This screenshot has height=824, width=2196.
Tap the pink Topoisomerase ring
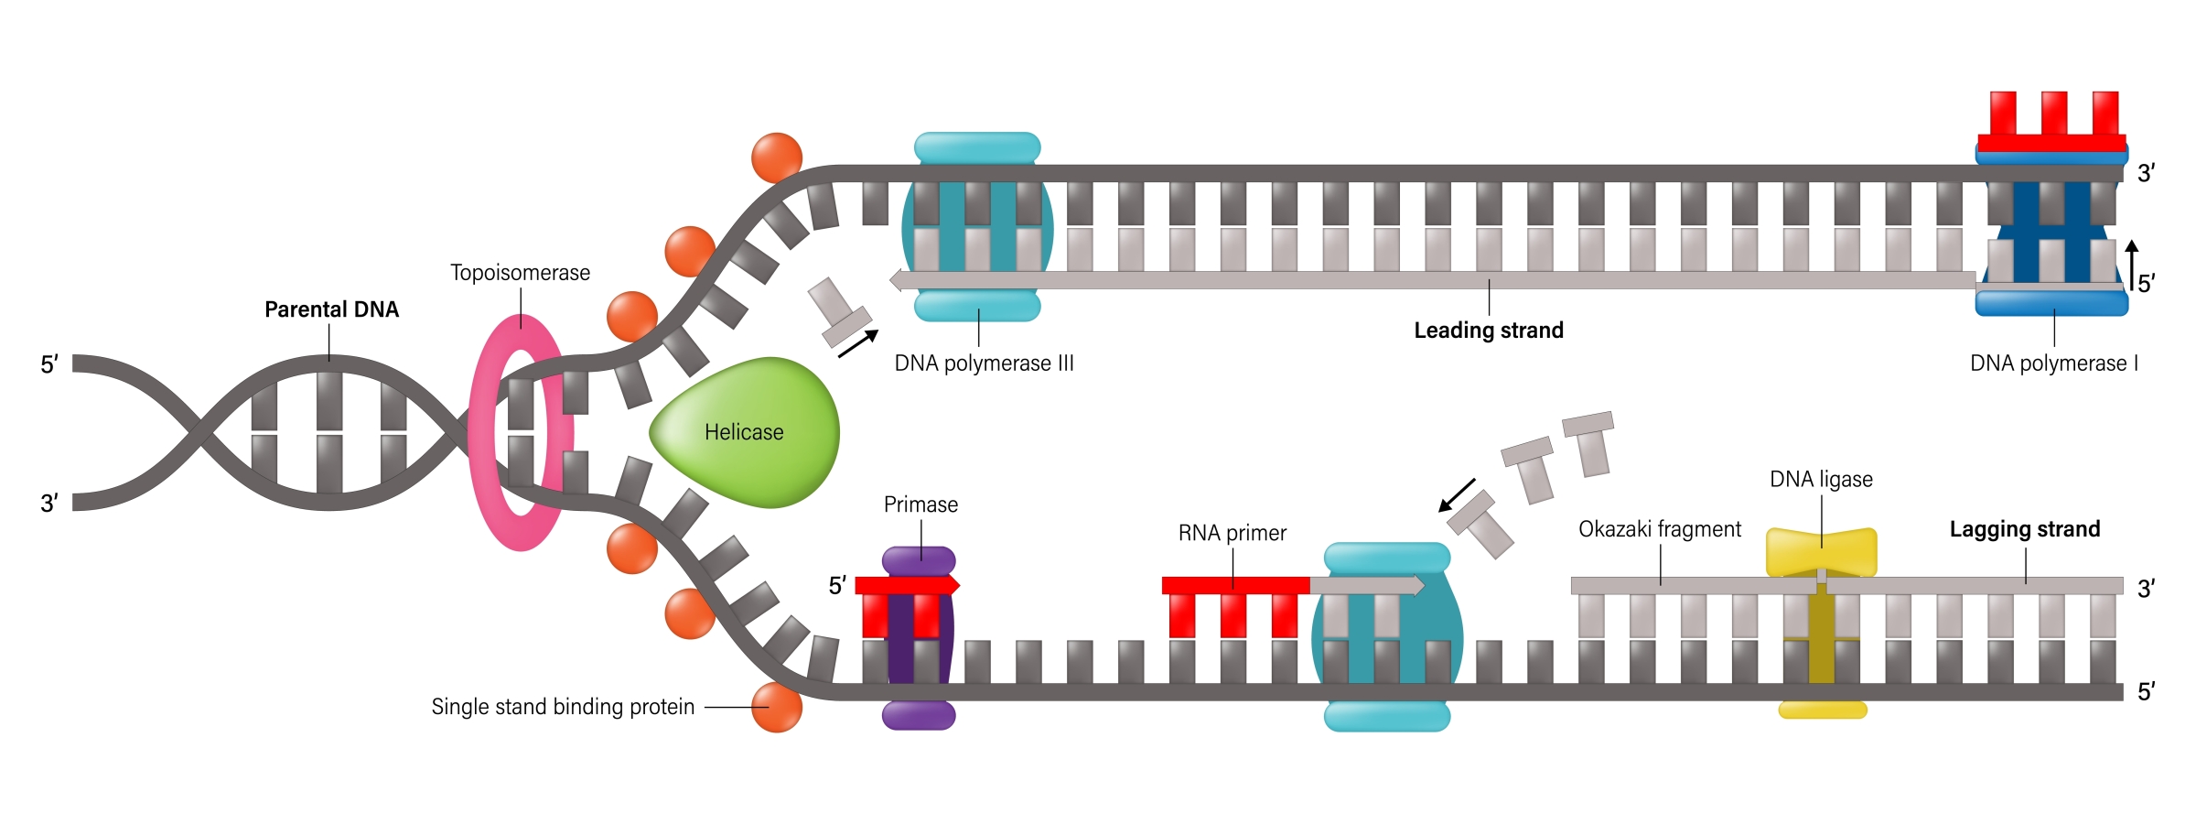tap(482, 430)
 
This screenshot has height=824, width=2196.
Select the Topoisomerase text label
tap(520, 273)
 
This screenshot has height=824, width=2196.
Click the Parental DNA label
tap(331, 309)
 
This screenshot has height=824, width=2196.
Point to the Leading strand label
tap(1488, 331)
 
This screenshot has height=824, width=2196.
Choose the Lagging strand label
tap(2024, 529)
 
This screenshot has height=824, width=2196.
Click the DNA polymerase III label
tap(984, 363)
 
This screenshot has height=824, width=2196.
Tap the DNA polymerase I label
tap(2053, 363)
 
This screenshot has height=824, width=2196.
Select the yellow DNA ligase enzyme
tap(1821, 551)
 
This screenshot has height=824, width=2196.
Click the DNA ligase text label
tap(1821, 479)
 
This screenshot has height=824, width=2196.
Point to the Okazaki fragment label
tap(1659, 529)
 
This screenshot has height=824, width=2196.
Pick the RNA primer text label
tap(1232, 533)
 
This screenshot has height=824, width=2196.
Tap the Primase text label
tap(920, 504)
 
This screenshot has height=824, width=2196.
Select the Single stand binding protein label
tap(563, 707)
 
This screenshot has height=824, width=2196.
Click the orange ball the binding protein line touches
tap(777, 707)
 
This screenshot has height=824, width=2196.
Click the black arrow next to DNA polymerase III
tap(858, 343)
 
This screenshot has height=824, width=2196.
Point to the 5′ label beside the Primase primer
tap(837, 586)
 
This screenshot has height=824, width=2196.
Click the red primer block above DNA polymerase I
tap(2051, 124)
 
